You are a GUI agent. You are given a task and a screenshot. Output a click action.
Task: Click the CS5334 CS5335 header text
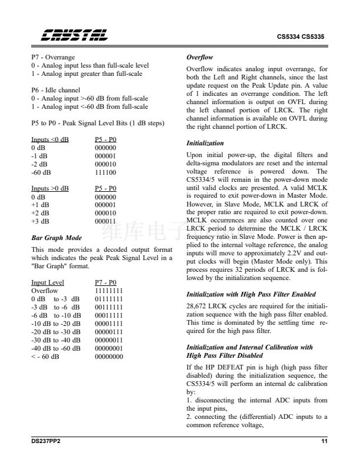coord(301,36)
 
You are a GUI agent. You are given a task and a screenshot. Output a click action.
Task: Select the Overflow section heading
coord(199,58)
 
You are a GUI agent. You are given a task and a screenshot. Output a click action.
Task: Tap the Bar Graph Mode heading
coord(56,239)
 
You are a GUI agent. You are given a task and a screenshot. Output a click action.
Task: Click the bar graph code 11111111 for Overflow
coord(109,291)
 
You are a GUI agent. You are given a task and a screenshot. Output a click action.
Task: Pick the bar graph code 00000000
coord(109,356)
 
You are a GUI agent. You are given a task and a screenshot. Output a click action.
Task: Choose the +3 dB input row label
coord(41,221)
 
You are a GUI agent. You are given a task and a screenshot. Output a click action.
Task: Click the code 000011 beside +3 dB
coord(105,221)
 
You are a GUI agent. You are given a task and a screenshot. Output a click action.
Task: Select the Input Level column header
coord(48,282)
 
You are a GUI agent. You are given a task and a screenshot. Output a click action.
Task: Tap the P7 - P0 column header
coord(106,282)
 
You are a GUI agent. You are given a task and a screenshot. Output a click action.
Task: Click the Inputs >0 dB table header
coord(50,188)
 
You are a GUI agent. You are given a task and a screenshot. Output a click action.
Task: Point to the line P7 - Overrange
coord(53,58)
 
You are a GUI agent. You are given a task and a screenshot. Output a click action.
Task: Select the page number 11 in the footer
coord(324,441)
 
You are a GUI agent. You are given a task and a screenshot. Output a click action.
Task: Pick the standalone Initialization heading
coord(205,143)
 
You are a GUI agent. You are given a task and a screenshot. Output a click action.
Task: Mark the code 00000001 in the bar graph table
coord(109,348)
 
